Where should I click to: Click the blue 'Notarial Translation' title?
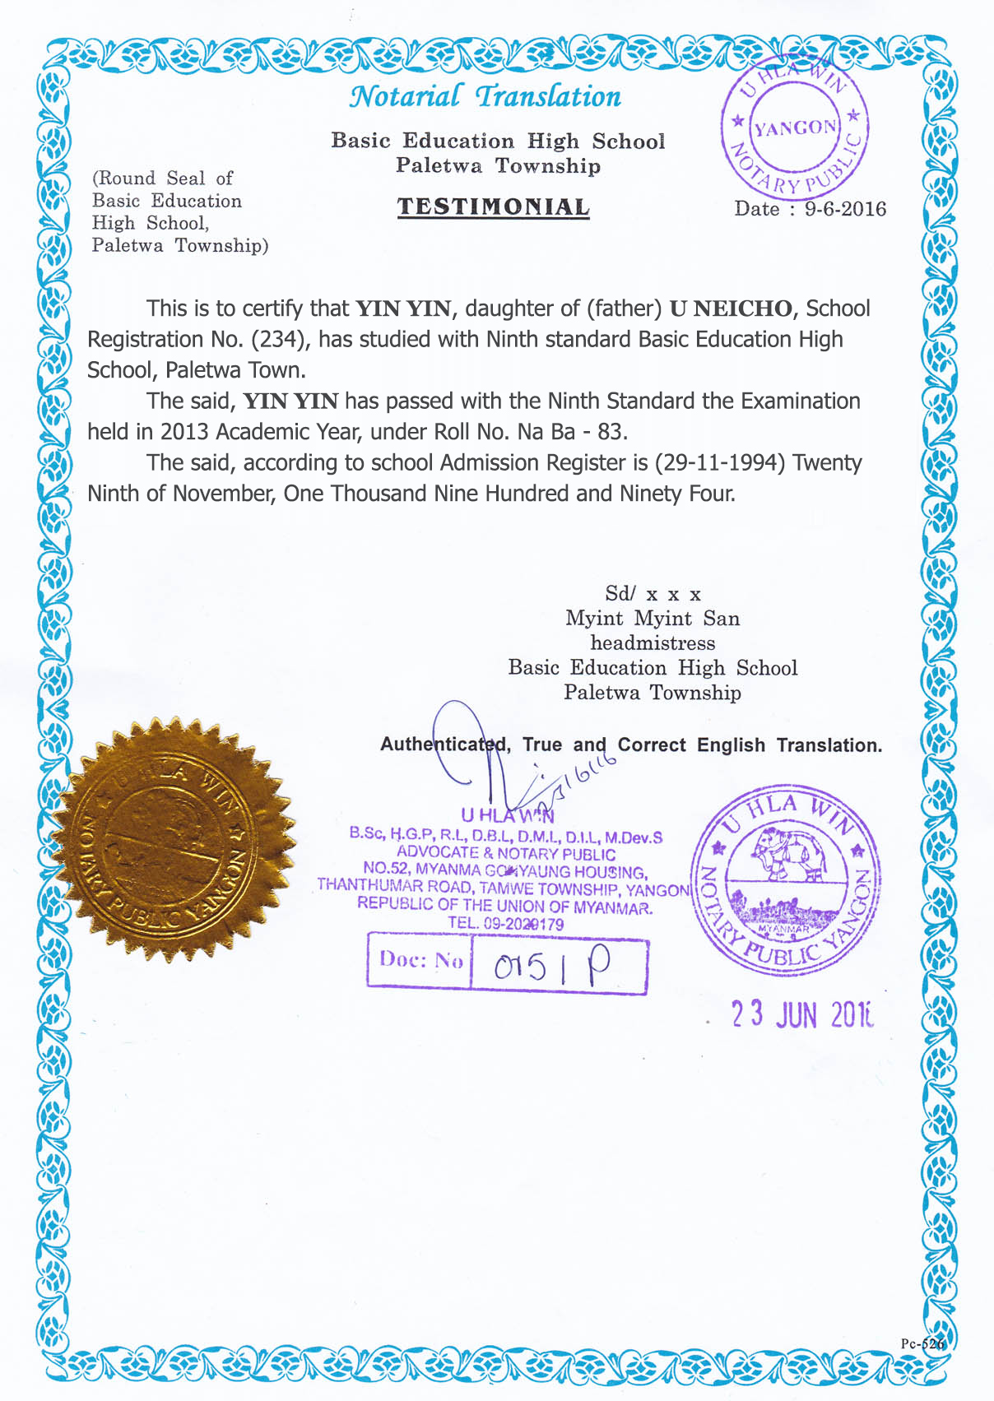pyautogui.click(x=485, y=97)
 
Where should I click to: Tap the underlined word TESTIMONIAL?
pyautogui.click(x=494, y=207)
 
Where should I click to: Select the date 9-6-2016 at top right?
pyautogui.click(x=845, y=209)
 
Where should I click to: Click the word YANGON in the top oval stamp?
pyautogui.click(x=795, y=128)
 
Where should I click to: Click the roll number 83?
pyautogui.click(x=612, y=432)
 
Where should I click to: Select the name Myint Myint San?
pyautogui.click(x=652, y=619)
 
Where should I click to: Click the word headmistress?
pyautogui.click(x=653, y=643)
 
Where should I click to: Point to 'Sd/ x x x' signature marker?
pyautogui.click(x=653, y=594)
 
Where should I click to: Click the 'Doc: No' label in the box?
pyautogui.click(x=420, y=960)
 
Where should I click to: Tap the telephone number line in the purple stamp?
pyautogui.click(x=505, y=924)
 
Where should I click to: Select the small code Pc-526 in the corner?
pyautogui.click(x=922, y=1343)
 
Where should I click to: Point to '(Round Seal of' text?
pyautogui.click(x=163, y=179)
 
